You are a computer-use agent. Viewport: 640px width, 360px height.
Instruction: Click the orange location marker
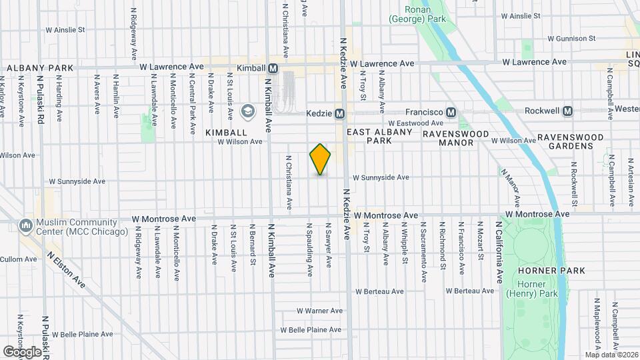pos(320,159)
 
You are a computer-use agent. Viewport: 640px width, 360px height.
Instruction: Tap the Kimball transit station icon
pos(273,68)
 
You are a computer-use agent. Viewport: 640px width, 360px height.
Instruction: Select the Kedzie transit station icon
pos(339,113)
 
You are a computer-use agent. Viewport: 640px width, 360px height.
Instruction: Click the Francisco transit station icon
pos(451,113)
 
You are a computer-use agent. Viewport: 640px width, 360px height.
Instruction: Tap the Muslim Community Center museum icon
pos(26,226)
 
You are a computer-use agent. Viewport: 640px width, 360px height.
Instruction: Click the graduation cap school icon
pos(248,111)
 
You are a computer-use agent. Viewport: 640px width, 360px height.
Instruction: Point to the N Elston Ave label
pos(66,269)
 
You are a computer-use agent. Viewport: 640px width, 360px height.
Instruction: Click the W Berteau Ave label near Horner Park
pos(470,291)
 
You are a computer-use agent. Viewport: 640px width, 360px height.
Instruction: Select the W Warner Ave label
pos(319,311)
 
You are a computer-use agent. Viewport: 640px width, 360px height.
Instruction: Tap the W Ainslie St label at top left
pos(65,30)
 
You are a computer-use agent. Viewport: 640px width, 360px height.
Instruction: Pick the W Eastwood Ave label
pos(415,123)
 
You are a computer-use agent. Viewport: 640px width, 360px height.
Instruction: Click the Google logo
pos(22,351)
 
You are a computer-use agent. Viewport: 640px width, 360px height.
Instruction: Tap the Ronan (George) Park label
pos(425,15)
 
